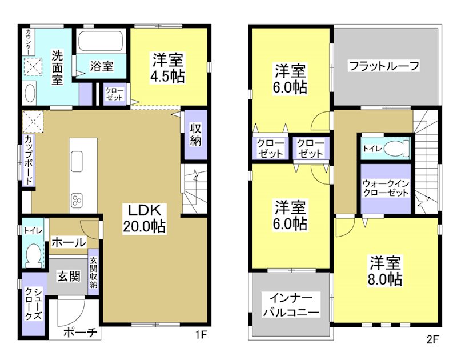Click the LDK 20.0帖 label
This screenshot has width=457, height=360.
coord(143,218)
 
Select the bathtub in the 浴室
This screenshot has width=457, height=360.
coord(101,41)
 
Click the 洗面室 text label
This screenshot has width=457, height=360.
coord(57,67)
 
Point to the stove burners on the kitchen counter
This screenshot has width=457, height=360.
coord(77,199)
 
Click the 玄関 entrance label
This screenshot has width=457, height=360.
coord(68,277)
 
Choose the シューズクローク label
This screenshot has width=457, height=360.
coord(32,305)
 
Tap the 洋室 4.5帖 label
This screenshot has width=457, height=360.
coord(167,67)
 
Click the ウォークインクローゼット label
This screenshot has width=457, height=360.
coord(386,188)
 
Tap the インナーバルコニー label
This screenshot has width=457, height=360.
coord(290,305)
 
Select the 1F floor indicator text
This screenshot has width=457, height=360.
coord(200,335)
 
